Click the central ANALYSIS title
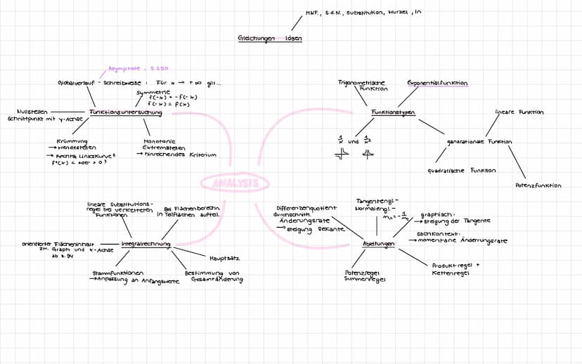235,183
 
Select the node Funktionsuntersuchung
126,112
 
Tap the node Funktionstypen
393,112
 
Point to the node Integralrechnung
146,244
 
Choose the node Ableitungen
379,244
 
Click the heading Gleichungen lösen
269,39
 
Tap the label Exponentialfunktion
437,83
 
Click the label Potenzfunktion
538,186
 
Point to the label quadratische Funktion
461,170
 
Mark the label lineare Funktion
519,112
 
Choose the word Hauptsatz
224,259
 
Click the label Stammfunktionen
117,273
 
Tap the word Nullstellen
31,111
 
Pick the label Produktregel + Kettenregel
455,269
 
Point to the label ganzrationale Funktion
479,141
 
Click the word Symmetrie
153,92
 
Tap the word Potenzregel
361,273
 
